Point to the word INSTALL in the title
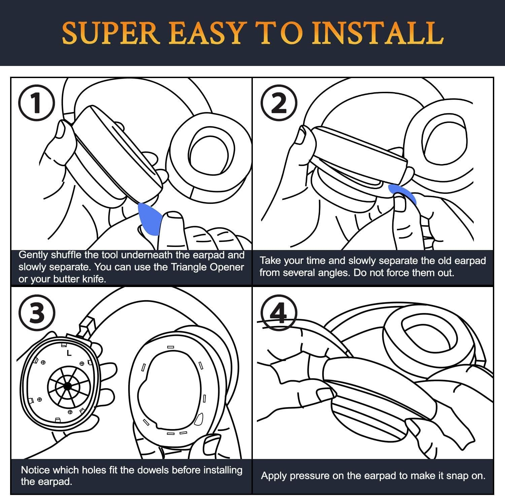tap(377, 33)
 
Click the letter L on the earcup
tap(69, 353)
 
